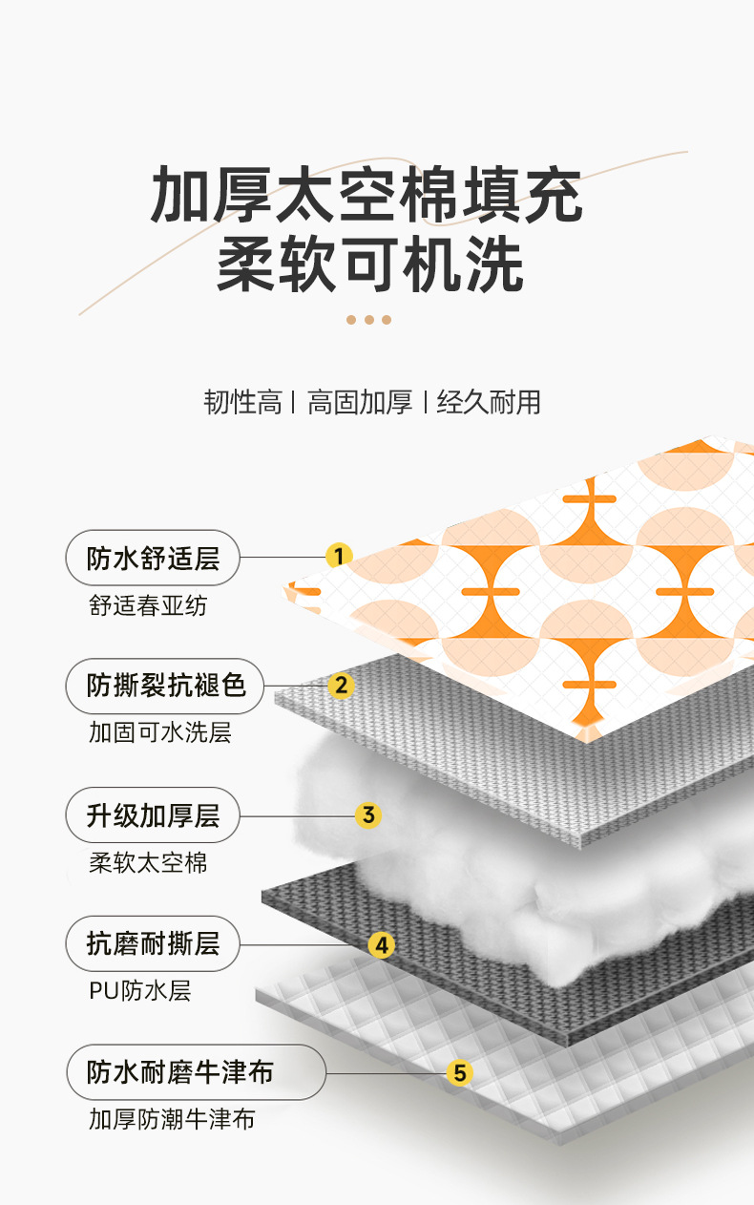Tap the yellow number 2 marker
[341, 685]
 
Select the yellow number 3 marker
[367, 815]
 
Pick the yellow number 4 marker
[381, 945]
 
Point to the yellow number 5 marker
[460, 1073]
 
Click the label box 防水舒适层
[153, 558]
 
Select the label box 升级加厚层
[153, 815]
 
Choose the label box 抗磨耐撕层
[153, 944]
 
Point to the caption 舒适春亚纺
[147, 605]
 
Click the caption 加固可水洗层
[160, 733]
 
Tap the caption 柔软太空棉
[147, 863]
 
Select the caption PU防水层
[140, 990]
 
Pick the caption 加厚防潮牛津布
[172, 1119]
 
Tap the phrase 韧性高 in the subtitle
[243, 402]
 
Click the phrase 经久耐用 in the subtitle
[489, 402]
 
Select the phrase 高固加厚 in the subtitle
[360, 402]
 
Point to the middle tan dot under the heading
[368, 320]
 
